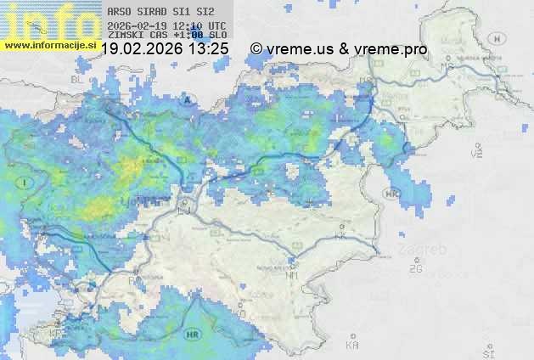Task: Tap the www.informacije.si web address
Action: pyautogui.click(x=49, y=44)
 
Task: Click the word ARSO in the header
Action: pyautogui.click(x=117, y=12)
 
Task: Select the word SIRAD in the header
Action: pyautogui.click(x=152, y=12)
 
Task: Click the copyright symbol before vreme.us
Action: pyautogui.click(x=256, y=49)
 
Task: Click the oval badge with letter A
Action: pyautogui.click(x=185, y=99)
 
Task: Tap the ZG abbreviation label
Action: pyautogui.click(x=415, y=269)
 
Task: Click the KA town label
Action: pyautogui.click(x=352, y=346)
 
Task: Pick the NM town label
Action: pyautogui.click(x=294, y=275)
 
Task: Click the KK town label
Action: pyautogui.click(x=340, y=238)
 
